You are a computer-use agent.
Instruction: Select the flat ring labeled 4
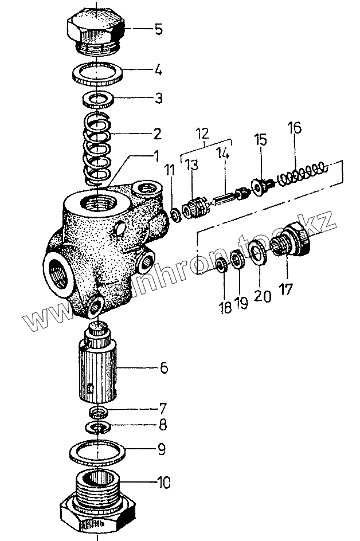pyautogui.click(x=99, y=73)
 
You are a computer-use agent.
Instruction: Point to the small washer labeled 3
pyautogui.click(x=99, y=99)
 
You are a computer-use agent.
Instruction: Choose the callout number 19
pyautogui.click(x=241, y=303)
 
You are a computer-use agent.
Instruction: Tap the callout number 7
pyautogui.click(x=163, y=409)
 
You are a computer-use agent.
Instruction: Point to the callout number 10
pyautogui.click(x=163, y=483)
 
